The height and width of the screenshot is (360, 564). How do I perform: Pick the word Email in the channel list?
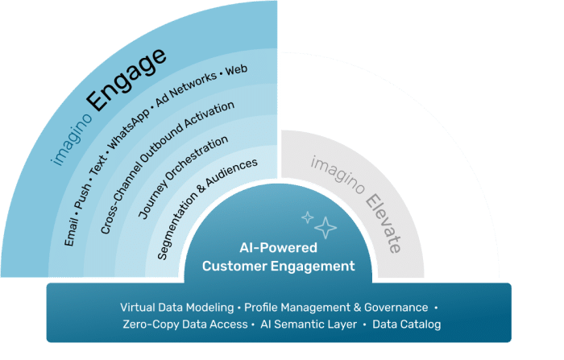pos(70,231)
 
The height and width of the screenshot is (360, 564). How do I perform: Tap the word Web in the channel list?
pos(235,69)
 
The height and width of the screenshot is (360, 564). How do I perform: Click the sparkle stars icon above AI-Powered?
pos(319,223)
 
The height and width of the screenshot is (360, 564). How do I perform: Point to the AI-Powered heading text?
pos(278,248)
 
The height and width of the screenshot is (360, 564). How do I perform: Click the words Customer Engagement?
pos(278,265)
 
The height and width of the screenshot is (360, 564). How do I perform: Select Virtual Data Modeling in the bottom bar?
pos(177,307)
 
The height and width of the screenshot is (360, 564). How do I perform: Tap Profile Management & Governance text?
pos(336,307)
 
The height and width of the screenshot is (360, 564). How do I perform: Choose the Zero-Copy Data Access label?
pos(185,324)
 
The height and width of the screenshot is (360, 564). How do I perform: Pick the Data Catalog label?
pos(407,324)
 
